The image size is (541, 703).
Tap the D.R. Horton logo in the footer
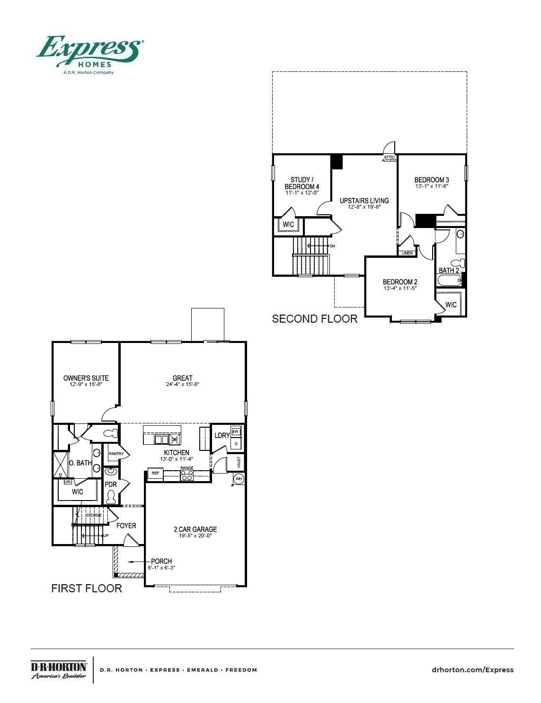coord(59,670)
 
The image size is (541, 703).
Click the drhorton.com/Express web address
coord(472,669)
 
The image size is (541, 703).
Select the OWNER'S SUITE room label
coord(86,378)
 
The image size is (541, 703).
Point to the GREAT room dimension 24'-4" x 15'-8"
coord(182,385)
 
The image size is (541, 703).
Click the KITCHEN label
coord(177,453)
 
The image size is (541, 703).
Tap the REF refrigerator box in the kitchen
coord(155,473)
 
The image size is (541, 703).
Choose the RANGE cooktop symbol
coord(187,476)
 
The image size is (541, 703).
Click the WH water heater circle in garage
coord(239,479)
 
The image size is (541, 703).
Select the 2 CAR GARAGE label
coord(195,529)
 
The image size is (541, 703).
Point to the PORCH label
coord(161,561)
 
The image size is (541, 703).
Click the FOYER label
coord(126,526)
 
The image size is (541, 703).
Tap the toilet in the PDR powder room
coord(111,497)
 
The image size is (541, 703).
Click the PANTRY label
coord(116,454)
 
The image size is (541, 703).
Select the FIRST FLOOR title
coord(87,588)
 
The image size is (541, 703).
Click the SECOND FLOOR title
coord(315,319)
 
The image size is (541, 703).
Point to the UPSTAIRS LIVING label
coord(364,201)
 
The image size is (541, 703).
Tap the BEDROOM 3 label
coord(431,180)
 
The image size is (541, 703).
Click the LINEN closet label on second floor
coord(407,253)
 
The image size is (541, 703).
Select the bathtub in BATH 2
coord(449,281)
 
